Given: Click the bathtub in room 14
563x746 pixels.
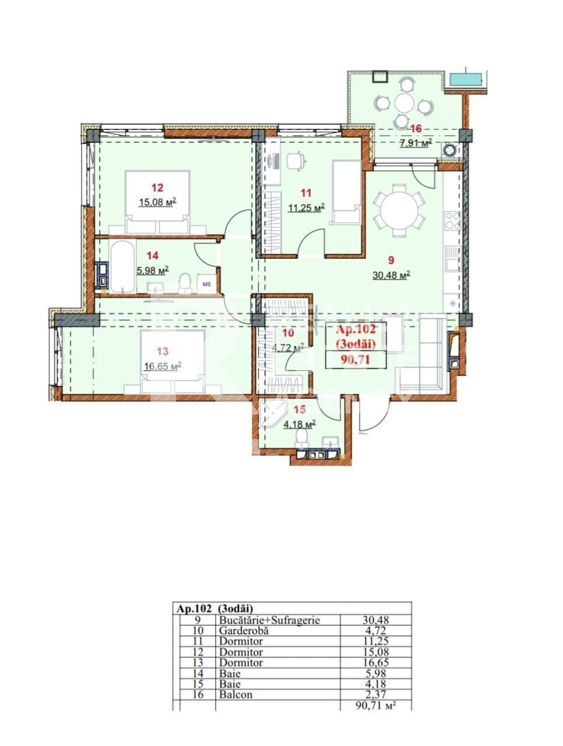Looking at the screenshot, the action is [x=122, y=267].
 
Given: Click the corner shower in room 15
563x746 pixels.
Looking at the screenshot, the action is [x=273, y=413].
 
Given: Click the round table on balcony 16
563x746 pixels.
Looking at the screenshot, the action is [x=404, y=103].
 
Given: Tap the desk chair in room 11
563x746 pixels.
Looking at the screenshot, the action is [x=295, y=160].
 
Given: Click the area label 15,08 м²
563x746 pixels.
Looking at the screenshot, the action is [x=157, y=202].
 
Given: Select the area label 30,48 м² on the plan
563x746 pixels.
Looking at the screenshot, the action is [x=391, y=275].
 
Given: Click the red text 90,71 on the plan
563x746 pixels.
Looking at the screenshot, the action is [x=355, y=360].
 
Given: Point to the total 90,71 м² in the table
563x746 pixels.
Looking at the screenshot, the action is [x=375, y=705].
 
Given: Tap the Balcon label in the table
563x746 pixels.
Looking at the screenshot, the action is [x=235, y=694].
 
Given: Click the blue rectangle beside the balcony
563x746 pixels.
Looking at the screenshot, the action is [x=466, y=79].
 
